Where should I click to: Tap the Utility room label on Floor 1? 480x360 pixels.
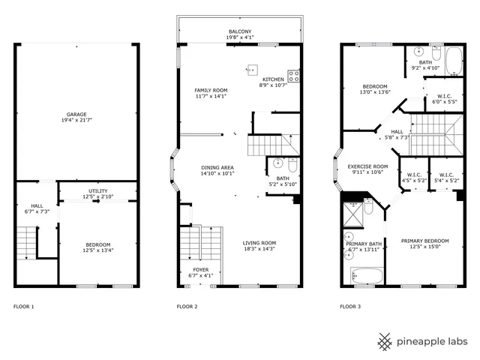(98, 191)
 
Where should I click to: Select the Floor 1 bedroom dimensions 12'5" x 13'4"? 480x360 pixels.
(98, 251)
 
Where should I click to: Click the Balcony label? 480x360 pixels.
(240, 31)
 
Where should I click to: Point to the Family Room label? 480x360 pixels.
(210, 90)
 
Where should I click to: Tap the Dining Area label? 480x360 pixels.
(217, 167)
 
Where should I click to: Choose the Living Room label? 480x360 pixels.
(259, 242)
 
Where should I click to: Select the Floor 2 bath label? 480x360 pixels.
(283, 178)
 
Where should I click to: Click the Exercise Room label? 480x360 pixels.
(370, 166)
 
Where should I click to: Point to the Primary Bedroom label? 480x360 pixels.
(424, 241)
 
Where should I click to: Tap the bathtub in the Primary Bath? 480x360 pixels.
(367, 276)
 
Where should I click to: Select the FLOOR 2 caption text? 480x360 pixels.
(187, 307)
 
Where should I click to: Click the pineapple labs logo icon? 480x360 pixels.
(385, 341)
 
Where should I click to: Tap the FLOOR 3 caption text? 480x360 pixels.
(349, 307)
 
